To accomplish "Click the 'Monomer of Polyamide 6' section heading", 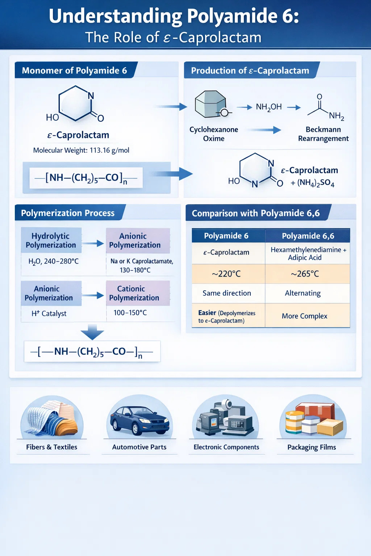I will [x=74, y=70].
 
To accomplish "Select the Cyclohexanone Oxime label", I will [x=214, y=134].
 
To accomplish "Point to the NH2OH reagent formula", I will [x=268, y=107].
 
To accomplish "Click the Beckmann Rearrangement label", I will [x=323, y=134].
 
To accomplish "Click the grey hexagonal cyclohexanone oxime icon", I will [x=210, y=104].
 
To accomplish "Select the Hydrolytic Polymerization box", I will [x=51, y=240].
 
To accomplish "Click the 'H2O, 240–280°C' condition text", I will [x=54, y=261].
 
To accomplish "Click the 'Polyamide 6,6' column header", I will [x=308, y=236].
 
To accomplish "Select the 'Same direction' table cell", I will [x=227, y=293].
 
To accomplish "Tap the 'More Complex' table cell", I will [x=304, y=316].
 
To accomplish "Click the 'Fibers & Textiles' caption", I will [x=51, y=447].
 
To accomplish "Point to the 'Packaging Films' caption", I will [x=312, y=447].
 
